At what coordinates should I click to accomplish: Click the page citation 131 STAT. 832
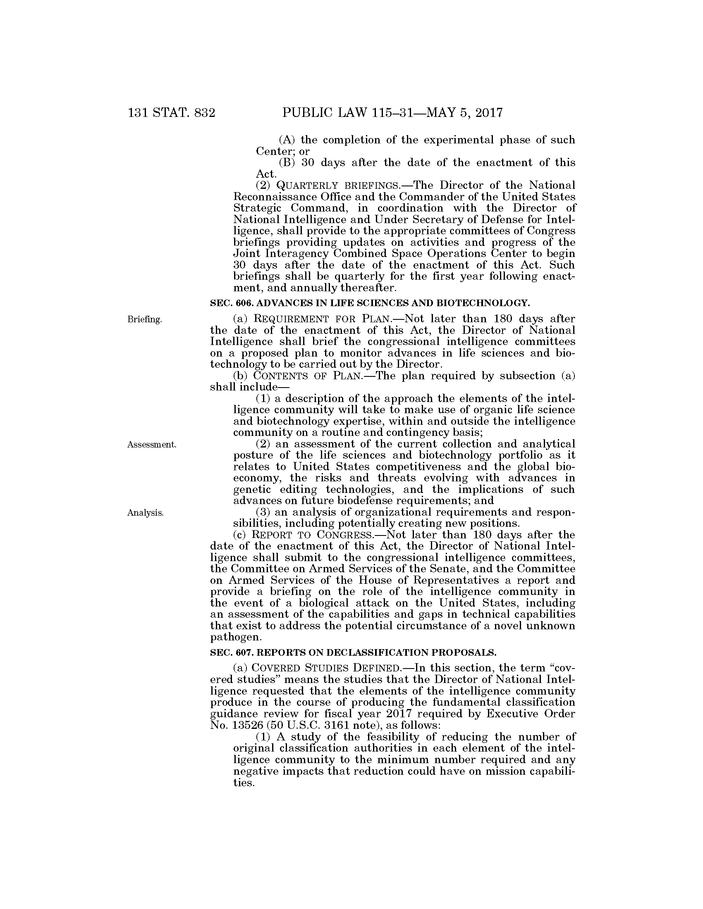click(172, 113)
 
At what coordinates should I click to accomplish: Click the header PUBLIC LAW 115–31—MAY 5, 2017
click(392, 113)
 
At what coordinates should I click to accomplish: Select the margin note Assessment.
click(152, 445)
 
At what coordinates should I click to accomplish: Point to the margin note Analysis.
click(145, 513)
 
